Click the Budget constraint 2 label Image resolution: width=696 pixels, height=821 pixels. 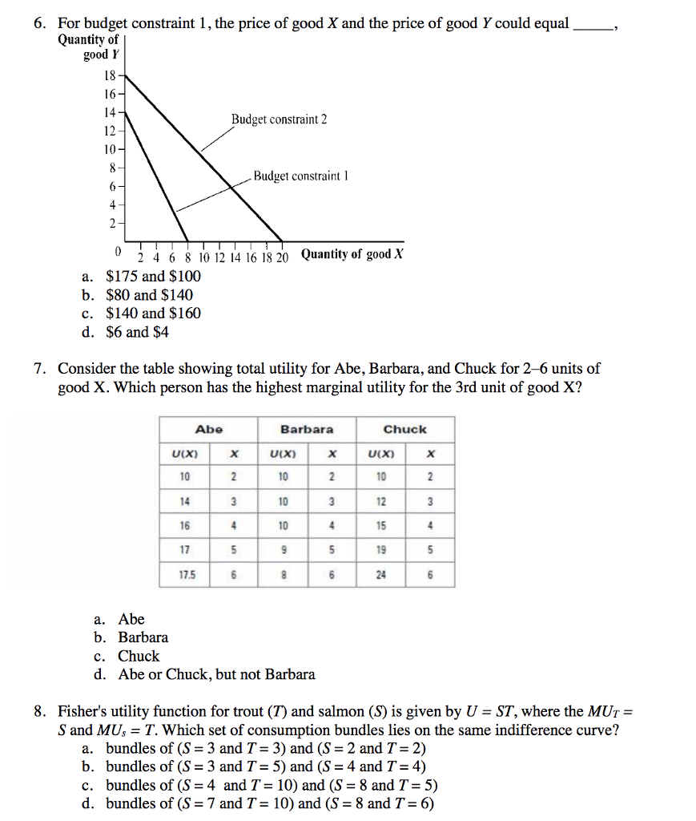279,119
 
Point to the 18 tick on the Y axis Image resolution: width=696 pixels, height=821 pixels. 110,76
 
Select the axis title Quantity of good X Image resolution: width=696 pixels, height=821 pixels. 352,255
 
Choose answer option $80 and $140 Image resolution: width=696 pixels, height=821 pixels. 149,295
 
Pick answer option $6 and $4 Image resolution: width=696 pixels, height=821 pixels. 137,332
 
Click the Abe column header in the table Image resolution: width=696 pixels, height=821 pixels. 209,430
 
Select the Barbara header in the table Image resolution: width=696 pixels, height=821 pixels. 307,430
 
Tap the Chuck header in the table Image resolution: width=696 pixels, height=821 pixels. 404,430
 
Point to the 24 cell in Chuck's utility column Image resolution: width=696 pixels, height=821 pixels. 380,574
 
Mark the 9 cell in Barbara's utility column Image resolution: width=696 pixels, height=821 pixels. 283,550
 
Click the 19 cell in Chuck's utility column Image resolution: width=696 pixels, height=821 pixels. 380,550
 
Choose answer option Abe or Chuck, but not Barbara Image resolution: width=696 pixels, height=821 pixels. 216,674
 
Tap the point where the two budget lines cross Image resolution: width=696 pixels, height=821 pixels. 231,185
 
